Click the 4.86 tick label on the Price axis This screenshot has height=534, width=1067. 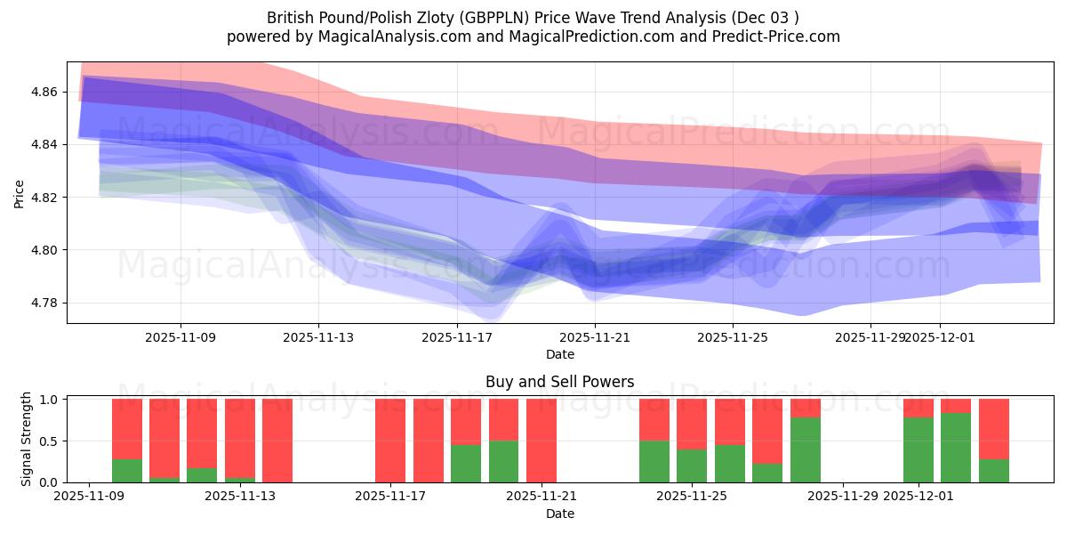[45, 92]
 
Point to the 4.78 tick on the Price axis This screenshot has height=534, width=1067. [45, 303]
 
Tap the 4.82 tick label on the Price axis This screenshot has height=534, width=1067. [45, 197]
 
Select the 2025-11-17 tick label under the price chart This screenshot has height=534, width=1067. [457, 338]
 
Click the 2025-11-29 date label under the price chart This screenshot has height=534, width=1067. [870, 338]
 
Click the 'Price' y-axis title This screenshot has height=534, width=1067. [20, 192]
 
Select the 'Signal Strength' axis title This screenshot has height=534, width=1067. [27, 440]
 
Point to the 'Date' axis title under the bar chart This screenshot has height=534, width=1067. [560, 514]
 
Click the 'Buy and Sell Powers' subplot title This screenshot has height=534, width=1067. [560, 382]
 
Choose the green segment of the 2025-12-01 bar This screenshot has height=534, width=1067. [919, 449]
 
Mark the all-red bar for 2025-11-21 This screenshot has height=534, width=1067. [542, 441]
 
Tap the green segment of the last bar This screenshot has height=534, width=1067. [994, 471]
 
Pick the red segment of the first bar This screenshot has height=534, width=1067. [127, 429]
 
